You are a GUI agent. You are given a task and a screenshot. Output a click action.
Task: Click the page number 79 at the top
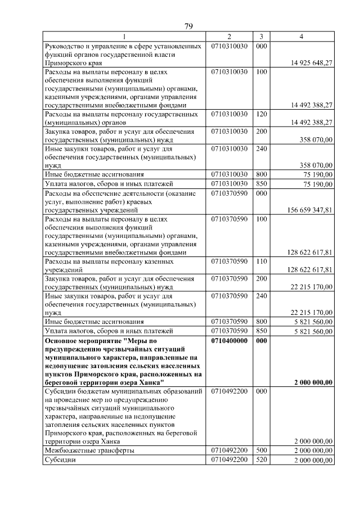189,26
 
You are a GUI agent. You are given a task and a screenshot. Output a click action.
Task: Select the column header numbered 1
124,37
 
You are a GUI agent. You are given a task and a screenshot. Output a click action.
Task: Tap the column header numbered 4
301,37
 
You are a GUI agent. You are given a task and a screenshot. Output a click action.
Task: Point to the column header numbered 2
229,37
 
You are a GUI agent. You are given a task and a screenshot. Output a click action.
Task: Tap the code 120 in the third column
261,114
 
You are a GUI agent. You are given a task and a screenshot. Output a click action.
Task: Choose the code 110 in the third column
261,262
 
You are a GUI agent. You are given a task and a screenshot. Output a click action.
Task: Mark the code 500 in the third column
261,451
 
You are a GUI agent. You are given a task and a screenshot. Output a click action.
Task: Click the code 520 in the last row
261,460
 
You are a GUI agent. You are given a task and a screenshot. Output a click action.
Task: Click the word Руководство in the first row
66,46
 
